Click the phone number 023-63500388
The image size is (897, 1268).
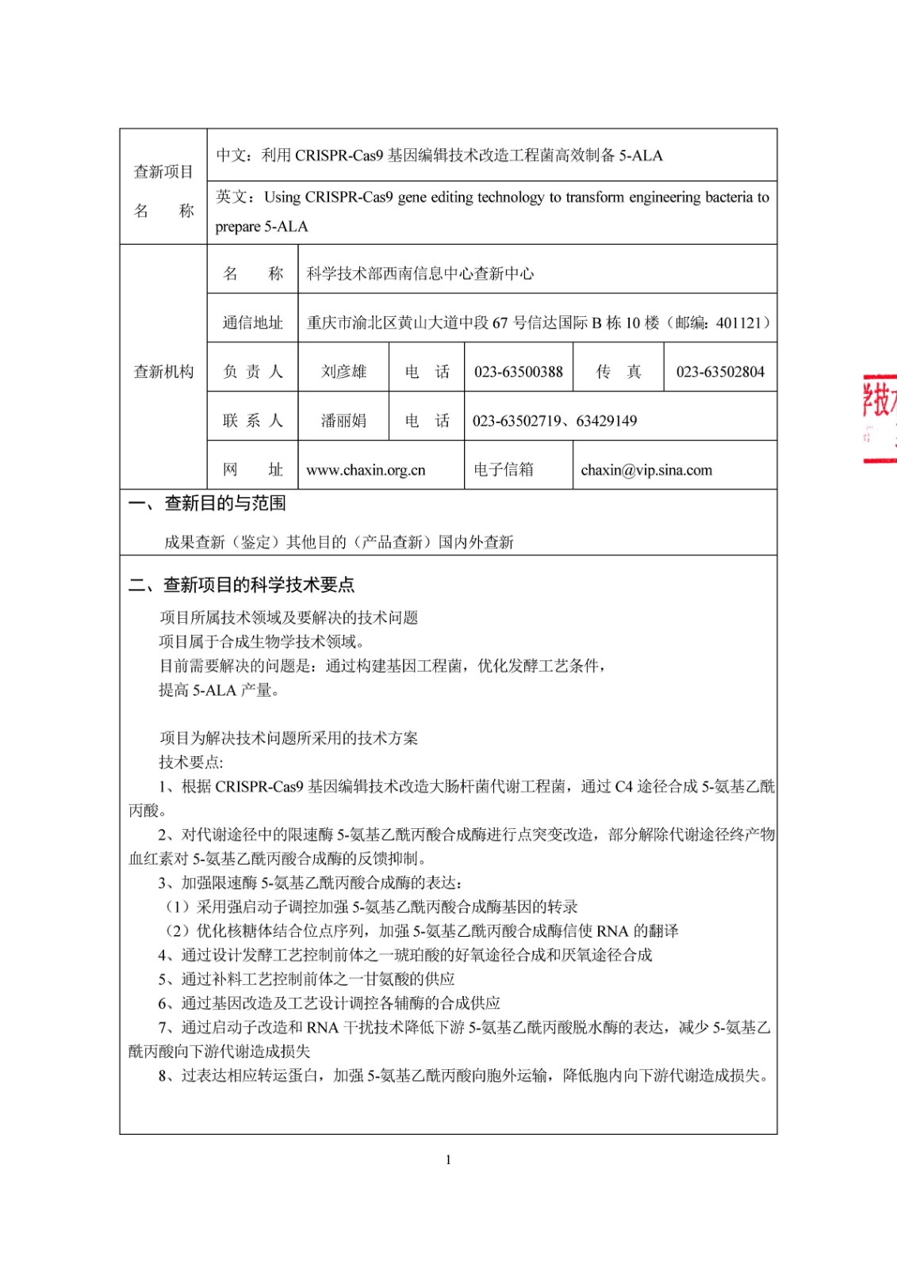[519, 372]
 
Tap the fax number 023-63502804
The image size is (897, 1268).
[720, 372]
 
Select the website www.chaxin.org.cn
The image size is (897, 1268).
[366, 470]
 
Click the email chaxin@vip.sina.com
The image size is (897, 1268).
[646, 470]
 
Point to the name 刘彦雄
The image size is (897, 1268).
[343, 372]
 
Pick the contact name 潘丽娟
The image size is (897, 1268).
[343, 421]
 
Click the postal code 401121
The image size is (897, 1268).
[738, 323]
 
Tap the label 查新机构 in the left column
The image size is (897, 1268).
[163, 372]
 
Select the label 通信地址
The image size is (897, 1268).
[252, 323]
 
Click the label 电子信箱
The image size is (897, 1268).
[504, 470]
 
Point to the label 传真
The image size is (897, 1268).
[619, 372]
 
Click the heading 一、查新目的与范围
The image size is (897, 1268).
[208, 503]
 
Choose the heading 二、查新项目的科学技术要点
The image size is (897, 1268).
[242, 585]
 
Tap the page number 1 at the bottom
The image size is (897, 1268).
[448, 1160]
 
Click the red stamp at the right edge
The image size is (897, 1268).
[880, 416]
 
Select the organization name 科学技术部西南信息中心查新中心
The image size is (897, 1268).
[420, 273]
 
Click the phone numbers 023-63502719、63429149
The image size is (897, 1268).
[555, 421]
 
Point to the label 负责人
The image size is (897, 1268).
[252, 372]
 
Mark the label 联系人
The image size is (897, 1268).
[252, 421]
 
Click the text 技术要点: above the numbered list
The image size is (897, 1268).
[191, 762]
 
